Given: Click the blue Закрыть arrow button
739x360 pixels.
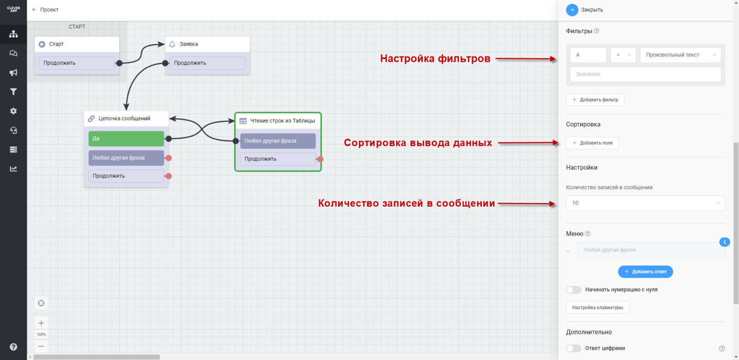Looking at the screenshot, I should [572, 10].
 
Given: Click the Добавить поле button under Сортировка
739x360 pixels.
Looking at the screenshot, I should [592, 143].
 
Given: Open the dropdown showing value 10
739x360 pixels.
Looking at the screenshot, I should [645, 203].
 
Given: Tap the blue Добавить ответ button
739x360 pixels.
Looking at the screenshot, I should [645, 272].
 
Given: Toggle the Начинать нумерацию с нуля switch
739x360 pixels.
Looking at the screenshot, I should [574, 290].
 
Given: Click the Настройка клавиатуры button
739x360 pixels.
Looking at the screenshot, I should [597, 308].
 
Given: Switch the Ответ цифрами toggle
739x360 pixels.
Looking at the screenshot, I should [574, 348].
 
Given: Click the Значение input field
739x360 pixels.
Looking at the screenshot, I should [645, 74].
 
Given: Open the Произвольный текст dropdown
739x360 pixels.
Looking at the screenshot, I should [680, 55].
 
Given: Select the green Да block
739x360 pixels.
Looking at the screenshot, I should [126, 139].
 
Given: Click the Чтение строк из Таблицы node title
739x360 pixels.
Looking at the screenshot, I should [282, 121].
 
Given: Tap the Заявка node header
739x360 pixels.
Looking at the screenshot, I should [207, 44].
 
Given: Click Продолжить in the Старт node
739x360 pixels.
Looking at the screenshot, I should [77, 63].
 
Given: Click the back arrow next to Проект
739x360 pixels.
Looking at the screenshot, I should [34, 10].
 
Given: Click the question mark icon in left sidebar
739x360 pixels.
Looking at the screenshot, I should [13, 347].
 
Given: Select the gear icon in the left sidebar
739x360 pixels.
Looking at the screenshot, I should [13, 111].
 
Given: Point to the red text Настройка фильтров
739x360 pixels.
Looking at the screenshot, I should [435, 59].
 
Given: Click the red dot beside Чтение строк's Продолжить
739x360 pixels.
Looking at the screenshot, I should [320, 159].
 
